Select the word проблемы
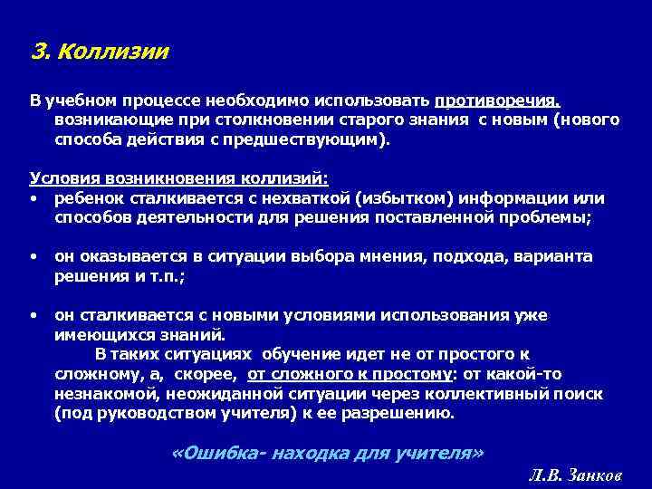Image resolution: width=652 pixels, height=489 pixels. coord(542,218)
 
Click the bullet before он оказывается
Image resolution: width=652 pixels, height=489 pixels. coord(33,257)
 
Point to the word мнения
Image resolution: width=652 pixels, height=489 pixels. coord(348,256)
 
